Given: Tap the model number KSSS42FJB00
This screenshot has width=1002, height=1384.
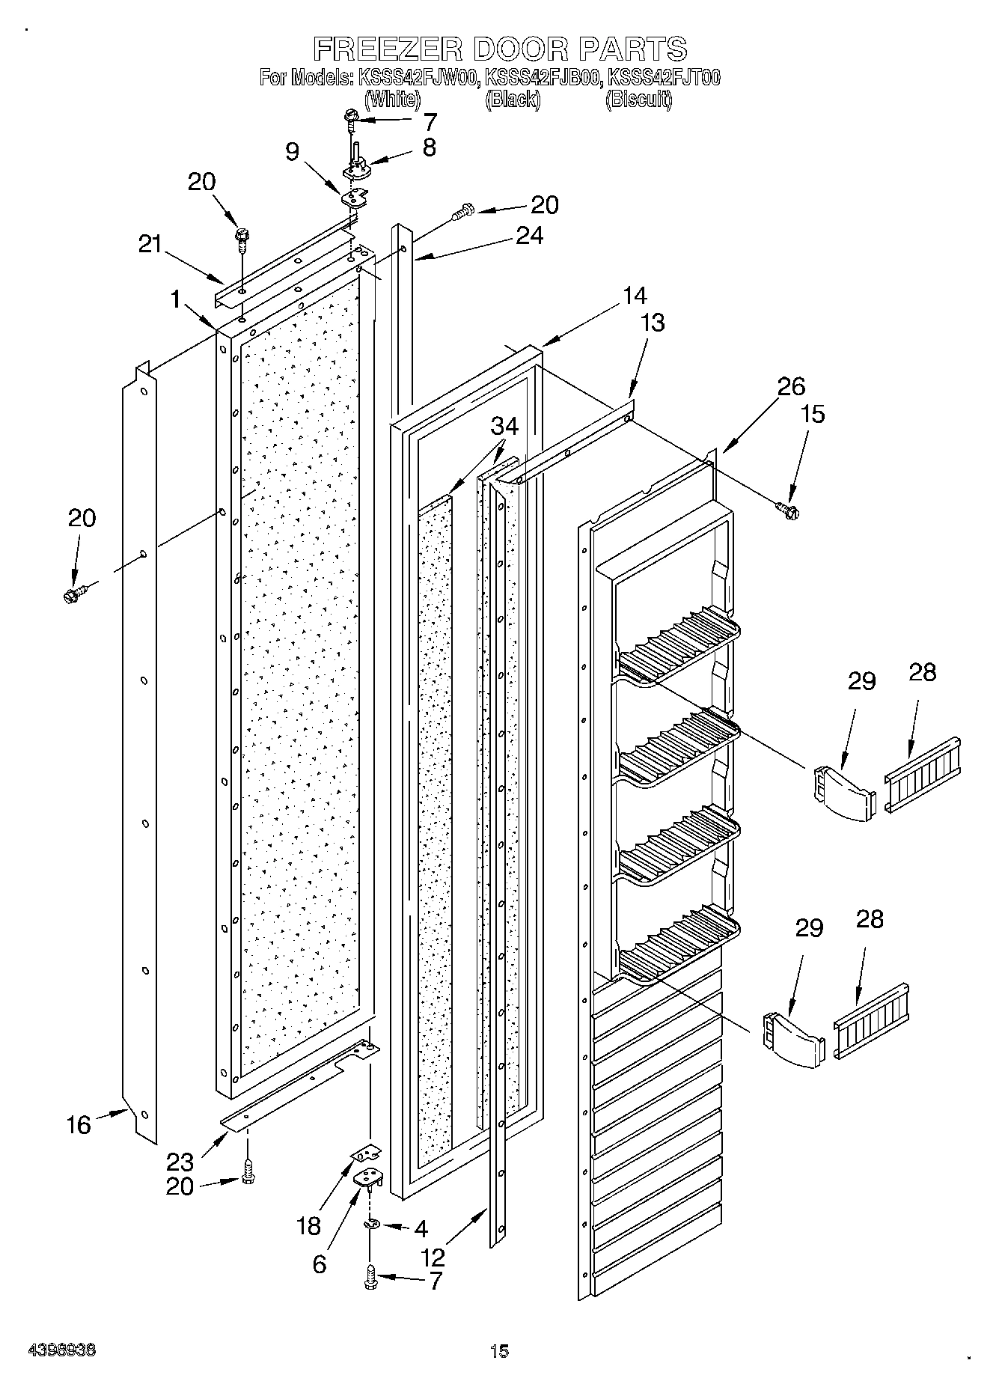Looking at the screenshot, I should (543, 77).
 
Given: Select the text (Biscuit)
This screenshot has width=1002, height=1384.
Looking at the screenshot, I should (638, 100).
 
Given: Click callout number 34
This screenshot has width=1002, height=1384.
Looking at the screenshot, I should (504, 427).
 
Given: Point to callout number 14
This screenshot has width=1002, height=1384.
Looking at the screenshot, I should (634, 296).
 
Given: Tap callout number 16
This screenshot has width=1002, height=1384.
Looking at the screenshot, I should (78, 1124).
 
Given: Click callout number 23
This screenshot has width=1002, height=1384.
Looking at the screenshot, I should (180, 1162).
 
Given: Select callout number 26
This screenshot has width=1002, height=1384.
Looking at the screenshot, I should (791, 386).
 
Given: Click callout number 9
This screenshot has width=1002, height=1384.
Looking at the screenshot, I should (293, 152).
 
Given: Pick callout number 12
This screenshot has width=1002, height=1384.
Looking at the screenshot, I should (433, 1257).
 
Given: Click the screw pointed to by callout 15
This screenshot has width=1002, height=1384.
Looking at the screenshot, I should (786, 510).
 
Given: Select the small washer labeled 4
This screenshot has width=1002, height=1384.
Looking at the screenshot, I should (371, 1223).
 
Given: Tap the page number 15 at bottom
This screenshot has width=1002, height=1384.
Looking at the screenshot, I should (499, 1350).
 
